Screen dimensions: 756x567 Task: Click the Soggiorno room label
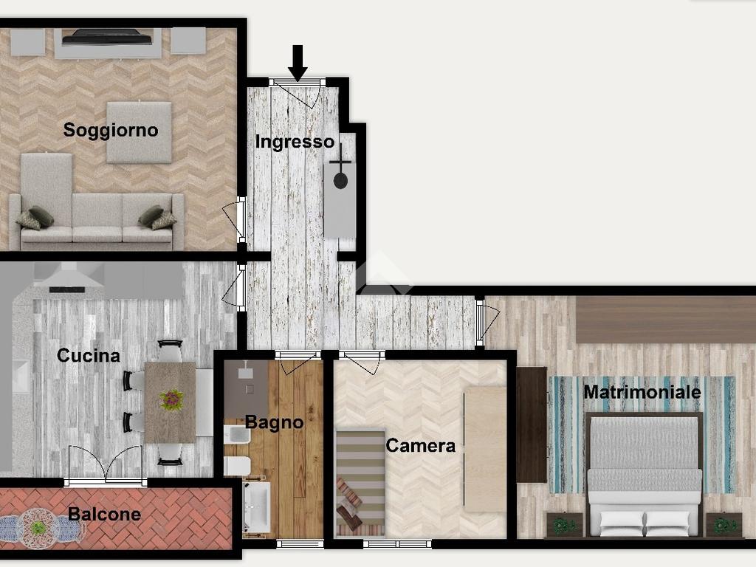(x=111, y=130)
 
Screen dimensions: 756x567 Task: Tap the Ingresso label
(x=294, y=142)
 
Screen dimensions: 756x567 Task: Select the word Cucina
(x=89, y=355)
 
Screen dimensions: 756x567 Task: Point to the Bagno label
(x=274, y=422)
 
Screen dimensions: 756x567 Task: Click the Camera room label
(x=420, y=445)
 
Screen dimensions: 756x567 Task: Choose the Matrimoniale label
(x=642, y=391)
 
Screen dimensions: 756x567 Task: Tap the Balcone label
(x=104, y=514)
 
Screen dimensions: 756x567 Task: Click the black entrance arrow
(x=298, y=62)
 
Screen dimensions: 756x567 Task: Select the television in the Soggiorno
(x=107, y=37)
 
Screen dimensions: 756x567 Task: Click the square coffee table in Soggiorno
(x=139, y=132)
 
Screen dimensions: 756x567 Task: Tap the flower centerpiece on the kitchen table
(x=171, y=400)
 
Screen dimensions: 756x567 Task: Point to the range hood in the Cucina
(x=68, y=278)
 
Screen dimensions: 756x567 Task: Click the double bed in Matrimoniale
(x=644, y=475)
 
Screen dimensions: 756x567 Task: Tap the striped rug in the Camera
(x=360, y=483)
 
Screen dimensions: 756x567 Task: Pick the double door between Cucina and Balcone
(x=106, y=466)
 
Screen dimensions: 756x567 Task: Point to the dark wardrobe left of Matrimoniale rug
(x=532, y=425)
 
